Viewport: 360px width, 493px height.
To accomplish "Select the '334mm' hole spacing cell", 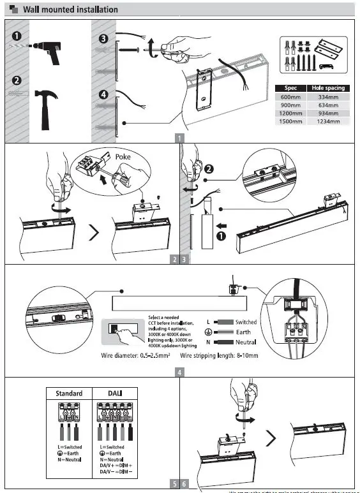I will tap(327, 96).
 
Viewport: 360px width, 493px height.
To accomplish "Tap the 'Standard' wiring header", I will tap(69, 393).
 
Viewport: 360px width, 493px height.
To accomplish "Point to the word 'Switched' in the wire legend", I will tap(246, 323).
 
